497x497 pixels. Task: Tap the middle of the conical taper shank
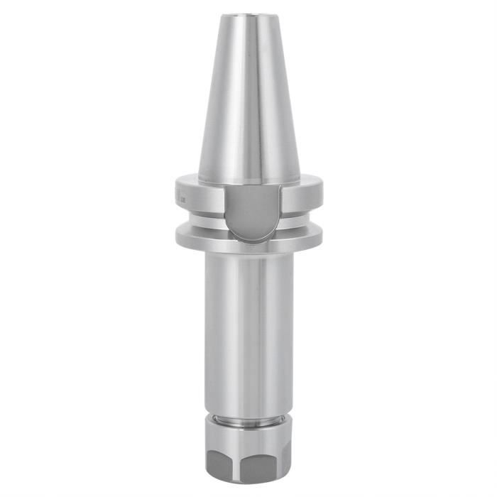[x=248, y=99]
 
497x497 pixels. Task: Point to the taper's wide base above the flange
[x=248, y=174]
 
